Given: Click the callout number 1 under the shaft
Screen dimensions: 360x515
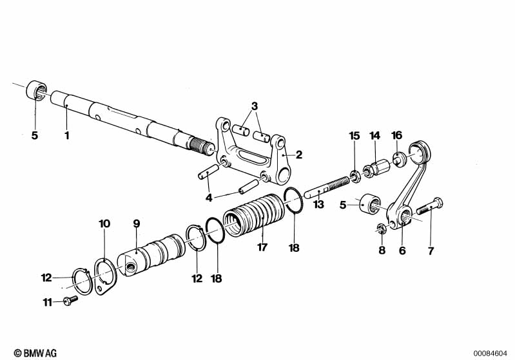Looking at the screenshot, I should coord(66,136).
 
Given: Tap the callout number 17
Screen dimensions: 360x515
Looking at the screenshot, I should coord(261,246).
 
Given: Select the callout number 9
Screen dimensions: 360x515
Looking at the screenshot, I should coord(136,224).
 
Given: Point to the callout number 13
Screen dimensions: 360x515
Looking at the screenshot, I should coord(318,205).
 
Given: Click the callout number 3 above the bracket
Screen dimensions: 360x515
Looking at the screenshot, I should coord(255,106).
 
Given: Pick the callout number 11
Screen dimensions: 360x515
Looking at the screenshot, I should coord(46,301).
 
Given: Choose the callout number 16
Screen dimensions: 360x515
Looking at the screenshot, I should coord(396,135).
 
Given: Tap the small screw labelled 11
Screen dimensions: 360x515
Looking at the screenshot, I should coord(68,299).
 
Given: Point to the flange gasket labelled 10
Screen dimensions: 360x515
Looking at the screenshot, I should coord(103,277).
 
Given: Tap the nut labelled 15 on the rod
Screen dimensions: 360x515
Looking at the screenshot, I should coord(354,175).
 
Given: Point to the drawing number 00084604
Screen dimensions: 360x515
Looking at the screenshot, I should coord(491,352).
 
